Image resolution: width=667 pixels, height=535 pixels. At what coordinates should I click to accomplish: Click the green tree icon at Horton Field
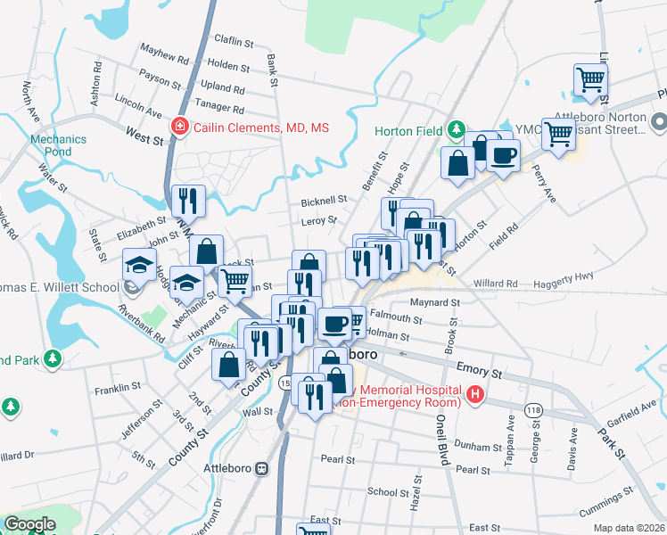click(456, 130)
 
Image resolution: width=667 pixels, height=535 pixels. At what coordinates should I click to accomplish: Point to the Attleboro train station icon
click(262, 468)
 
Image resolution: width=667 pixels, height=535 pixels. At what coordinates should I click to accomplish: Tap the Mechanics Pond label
click(58, 145)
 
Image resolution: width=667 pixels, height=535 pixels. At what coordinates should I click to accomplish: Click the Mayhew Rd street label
click(165, 54)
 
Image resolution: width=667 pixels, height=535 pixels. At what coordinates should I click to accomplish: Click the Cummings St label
click(604, 508)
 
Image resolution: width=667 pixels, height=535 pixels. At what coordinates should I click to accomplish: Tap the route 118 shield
click(534, 409)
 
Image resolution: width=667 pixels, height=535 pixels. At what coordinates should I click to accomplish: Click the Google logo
click(29, 524)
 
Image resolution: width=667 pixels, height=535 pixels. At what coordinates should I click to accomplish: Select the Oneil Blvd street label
click(441, 449)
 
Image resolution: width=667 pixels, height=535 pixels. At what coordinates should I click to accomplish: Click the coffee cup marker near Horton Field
click(503, 157)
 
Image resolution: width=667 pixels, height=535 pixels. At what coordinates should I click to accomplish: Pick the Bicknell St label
click(323, 201)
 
